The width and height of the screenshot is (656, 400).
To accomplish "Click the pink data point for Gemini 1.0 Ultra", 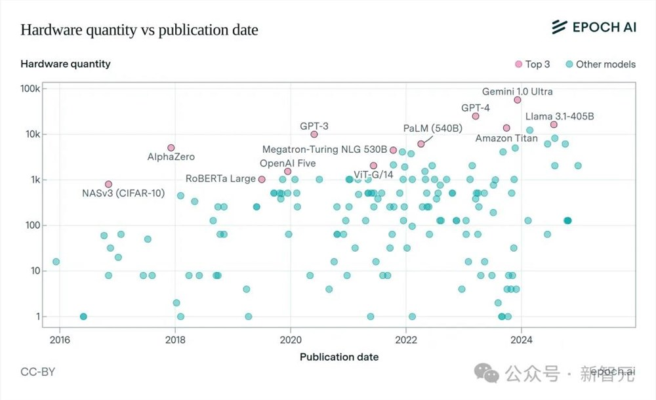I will pyautogui.click(x=517, y=100).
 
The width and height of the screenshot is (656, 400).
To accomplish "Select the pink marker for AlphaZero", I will pyautogui.click(x=171, y=148).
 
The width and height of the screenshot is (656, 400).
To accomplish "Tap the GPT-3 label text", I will pyautogui.click(x=314, y=125).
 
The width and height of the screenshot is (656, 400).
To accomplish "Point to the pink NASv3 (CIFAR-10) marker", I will pyautogui.click(x=109, y=184).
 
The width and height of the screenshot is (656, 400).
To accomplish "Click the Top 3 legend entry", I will pyautogui.click(x=533, y=64).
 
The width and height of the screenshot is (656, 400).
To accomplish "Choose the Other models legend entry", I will pyautogui.click(x=600, y=64).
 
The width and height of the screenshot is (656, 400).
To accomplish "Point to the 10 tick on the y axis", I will pyautogui.click(x=35, y=271).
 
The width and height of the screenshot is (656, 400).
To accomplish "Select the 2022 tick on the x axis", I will pyautogui.click(x=406, y=340).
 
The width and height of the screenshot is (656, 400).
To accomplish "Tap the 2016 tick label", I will pyautogui.click(x=59, y=340).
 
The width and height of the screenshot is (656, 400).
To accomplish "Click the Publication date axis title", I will pyautogui.click(x=338, y=357).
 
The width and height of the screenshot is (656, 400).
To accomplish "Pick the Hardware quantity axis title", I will pyautogui.click(x=66, y=64).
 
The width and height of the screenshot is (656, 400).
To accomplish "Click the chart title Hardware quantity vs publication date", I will pyautogui.click(x=139, y=30).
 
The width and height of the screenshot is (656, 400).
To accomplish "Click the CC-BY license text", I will pyautogui.click(x=38, y=372).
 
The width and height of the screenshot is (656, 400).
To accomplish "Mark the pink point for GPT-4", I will pyautogui.click(x=476, y=116).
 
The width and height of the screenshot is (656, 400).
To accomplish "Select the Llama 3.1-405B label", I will pyautogui.click(x=560, y=117).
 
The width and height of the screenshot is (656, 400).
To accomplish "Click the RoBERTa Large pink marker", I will pyautogui.click(x=262, y=179).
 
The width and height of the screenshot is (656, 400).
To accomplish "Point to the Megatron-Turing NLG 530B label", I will pyautogui.click(x=325, y=150).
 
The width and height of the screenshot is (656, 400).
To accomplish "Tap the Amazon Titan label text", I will pyautogui.click(x=506, y=138).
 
